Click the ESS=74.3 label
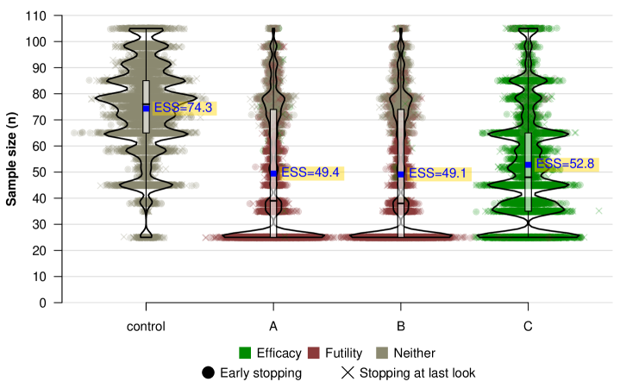(183, 108)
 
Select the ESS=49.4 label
(310, 173)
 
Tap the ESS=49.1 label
(438, 173)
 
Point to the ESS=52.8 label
(566, 164)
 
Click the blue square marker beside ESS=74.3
(147, 108)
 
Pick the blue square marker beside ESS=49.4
(273, 173)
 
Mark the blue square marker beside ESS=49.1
(401, 173)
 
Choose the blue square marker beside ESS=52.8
(528, 164)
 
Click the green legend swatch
(245, 353)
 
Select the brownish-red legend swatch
(313, 353)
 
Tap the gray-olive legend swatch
(382, 353)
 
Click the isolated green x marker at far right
(598, 210)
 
